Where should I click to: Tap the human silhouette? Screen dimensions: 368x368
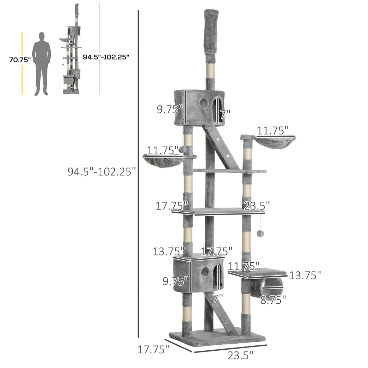click(x=41, y=64)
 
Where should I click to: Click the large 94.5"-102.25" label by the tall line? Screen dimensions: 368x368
click(x=102, y=171)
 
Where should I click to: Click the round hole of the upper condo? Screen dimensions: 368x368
click(x=204, y=103)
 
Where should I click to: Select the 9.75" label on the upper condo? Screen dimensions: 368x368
click(x=170, y=109)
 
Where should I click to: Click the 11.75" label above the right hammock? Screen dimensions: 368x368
click(x=272, y=130)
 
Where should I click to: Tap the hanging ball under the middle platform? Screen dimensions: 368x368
click(x=260, y=233)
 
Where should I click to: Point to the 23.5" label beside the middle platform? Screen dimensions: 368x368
click(x=257, y=206)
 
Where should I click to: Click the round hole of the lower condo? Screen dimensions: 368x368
click(x=204, y=271)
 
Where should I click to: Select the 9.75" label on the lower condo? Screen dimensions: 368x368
click(x=175, y=281)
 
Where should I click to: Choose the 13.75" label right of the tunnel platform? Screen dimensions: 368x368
click(x=305, y=275)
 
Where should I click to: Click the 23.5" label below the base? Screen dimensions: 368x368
click(x=240, y=355)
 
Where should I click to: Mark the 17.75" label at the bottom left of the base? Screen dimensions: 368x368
click(x=153, y=349)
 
